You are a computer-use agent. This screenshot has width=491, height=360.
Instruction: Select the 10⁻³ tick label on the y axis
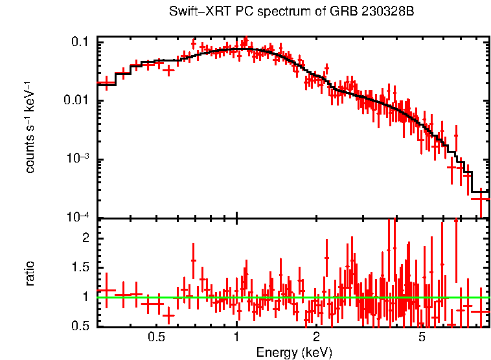tap(80, 159)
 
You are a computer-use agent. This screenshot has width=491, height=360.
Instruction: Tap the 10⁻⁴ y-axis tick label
tap(80, 218)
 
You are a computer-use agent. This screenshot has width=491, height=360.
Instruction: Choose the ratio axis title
tap(30, 273)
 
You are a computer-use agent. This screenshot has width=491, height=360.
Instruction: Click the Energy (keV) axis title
tap(294, 352)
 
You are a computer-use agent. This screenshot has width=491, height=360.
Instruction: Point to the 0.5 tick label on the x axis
tap(156, 337)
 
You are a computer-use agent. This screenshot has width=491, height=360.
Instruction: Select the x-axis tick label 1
tap(236, 337)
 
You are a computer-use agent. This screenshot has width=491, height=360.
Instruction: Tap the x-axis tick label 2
tap(316, 337)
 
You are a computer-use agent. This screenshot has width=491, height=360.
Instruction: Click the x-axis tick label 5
tap(422, 337)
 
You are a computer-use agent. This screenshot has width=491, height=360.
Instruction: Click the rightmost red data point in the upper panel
tap(480, 198)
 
